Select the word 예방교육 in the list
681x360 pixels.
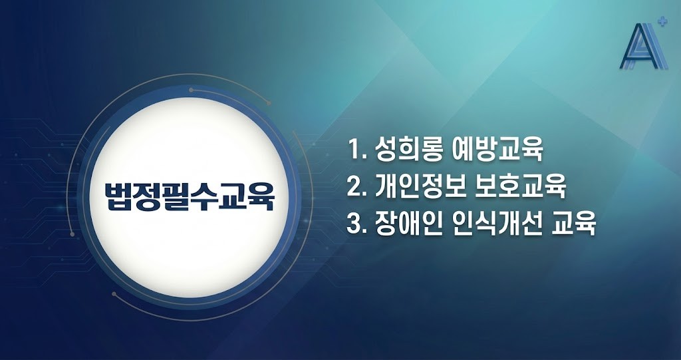tap(505, 150)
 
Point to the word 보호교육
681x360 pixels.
tap(530, 187)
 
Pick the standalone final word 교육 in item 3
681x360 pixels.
tap(575, 224)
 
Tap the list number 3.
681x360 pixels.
tap(354, 224)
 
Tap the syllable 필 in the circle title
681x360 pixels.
tap(178, 194)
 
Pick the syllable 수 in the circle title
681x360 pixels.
tap(207, 194)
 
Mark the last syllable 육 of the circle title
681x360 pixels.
tap(265, 194)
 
